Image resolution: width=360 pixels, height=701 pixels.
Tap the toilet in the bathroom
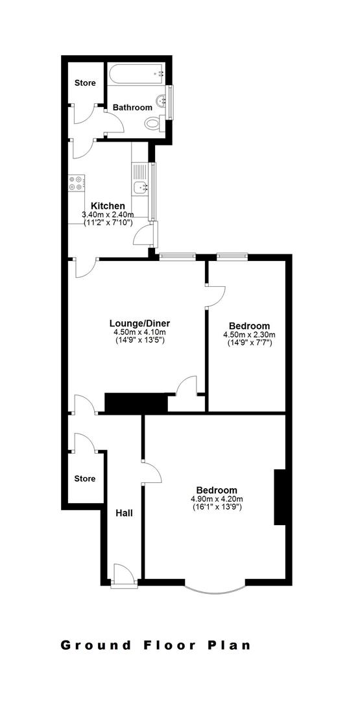click(x=154, y=122)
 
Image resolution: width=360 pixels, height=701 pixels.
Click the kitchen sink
click(x=140, y=188)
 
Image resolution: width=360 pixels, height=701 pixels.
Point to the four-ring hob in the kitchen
click(x=76, y=183)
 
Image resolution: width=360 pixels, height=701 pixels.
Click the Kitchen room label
click(x=108, y=206)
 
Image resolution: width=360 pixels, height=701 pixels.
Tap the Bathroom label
click(x=132, y=107)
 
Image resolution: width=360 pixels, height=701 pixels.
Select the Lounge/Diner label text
click(x=139, y=323)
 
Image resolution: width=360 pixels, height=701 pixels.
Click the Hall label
click(x=124, y=513)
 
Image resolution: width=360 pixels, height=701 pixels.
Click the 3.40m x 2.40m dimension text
click(x=108, y=215)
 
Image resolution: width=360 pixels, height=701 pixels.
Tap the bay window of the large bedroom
click(x=215, y=586)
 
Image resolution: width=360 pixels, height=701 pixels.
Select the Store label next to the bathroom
click(x=85, y=83)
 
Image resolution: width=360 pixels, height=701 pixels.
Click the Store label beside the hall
click(x=84, y=478)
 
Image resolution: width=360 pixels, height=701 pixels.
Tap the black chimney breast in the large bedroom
click(x=280, y=497)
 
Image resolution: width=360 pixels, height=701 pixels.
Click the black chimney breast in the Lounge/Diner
click(x=136, y=402)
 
